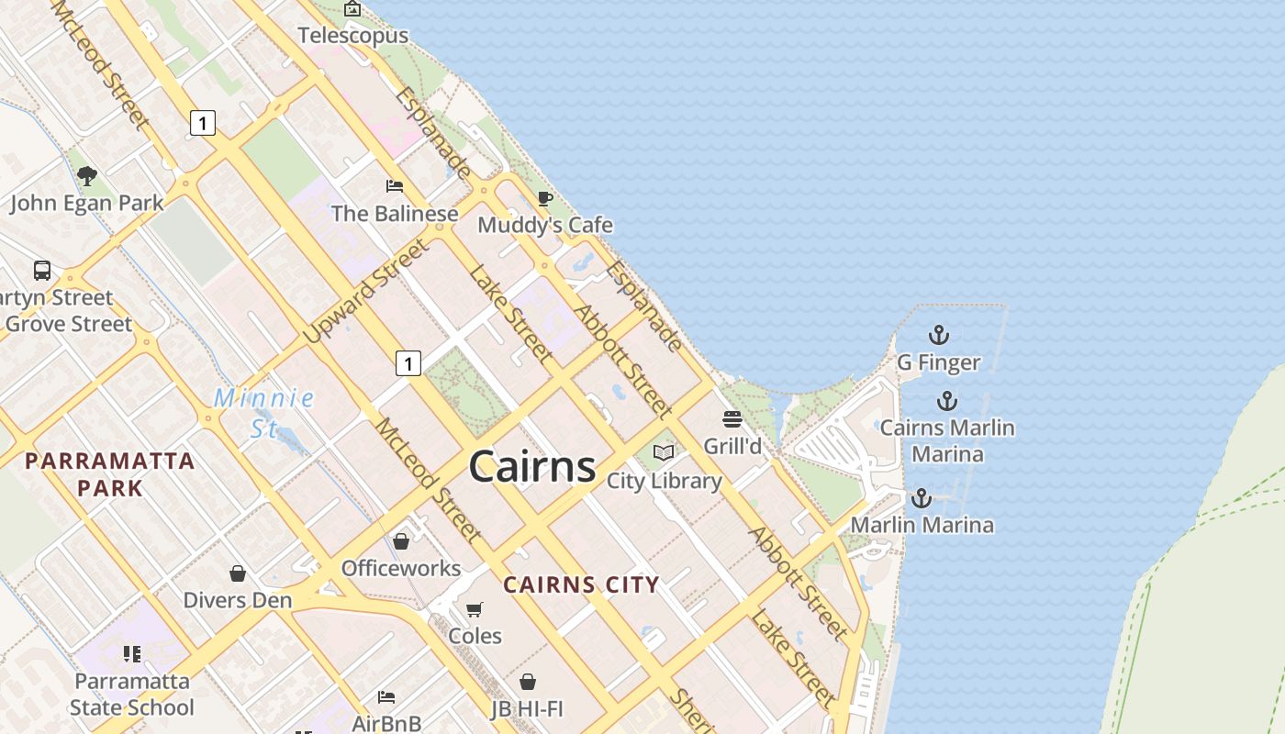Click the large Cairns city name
point(532,467)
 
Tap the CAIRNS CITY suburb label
point(581,584)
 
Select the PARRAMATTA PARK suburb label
point(110,473)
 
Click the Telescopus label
point(353,36)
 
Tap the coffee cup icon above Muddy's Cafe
point(545,198)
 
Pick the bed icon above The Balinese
point(395,186)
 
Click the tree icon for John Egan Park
point(87,175)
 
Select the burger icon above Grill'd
point(732,419)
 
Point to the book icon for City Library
point(664,452)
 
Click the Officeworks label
point(401,568)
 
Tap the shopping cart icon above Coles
point(475,609)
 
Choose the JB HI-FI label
point(527,708)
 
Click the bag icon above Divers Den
point(238,573)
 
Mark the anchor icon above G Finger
point(938,335)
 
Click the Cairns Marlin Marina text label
point(947,440)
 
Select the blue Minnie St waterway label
point(263,413)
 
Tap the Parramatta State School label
point(132,695)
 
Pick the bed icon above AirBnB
point(386,697)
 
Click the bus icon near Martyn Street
point(42,271)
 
